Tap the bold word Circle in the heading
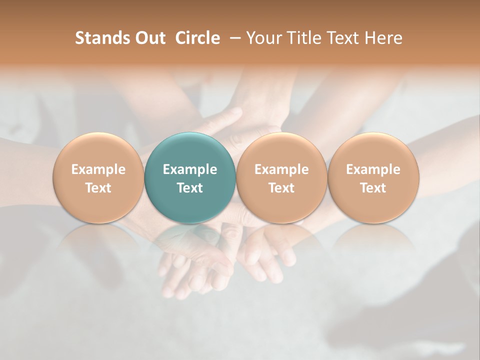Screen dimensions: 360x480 pyautogui.click(x=197, y=38)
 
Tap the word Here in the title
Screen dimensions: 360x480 pyautogui.click(x=383, y=38)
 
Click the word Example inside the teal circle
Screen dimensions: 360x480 pyautogui.click(x=190, y=169)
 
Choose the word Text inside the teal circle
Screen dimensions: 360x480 pyautogui.click(x=190, y=188)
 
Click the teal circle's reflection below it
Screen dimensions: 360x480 pyautogui.click(x=190, y=245)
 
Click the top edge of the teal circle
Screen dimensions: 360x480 pyautogui.click(x=190, y=133)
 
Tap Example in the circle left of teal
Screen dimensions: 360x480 pyautogui.click(x=98, y=169)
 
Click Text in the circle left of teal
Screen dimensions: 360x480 pyautogui.click(x=98, y=188)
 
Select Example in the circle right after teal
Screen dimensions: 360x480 pyautogui.click(x=281, y=169)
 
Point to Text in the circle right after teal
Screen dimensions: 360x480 pyautogui.click(x=281, y=188)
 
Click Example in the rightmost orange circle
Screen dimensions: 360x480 pyautogui.click(x=373, y=169)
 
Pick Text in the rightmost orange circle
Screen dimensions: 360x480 pyautogui.click(x=373, y=188)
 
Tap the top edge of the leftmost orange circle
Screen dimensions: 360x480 pyautogui.click(x=98, y=133)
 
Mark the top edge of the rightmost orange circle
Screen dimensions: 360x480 pyautogui.click(x=373, y=133)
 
